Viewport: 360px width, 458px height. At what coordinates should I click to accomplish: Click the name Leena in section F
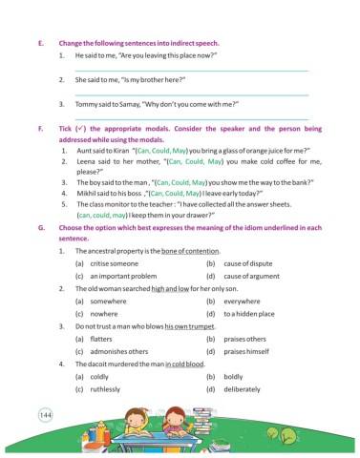click(87, 162)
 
